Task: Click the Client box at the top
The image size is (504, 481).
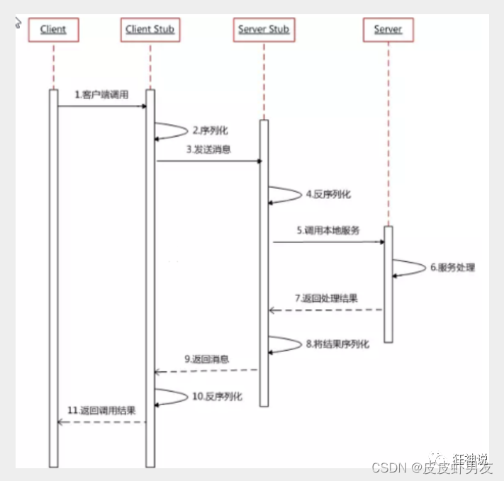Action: pyautogui.click(x=53, y=30)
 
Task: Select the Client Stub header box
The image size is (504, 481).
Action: pyautogui.click(x=150, y=30)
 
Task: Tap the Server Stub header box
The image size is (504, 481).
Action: pyautogui.click(x=263, y=30)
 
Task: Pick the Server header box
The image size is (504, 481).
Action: pyautogui.click(x=388, y=30)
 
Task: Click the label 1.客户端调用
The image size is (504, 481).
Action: pyautogui.click(x=102, y=94)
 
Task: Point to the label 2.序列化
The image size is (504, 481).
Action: pyautogui.click(x=210, y=130)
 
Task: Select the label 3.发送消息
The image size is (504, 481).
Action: pyautogui.click(x=208, y=149)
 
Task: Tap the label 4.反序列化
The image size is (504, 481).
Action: pyautogui.click(x=328, y=193)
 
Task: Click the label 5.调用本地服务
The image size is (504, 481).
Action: pyautogui.click(x=328, y=231)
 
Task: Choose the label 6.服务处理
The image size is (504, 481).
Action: pyautogui.click(x=452, y=268)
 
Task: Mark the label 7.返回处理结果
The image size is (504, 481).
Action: pyautogui.click(x=327, y=298)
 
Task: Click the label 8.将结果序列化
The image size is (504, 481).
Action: pyautogui.click(x=337, y=344)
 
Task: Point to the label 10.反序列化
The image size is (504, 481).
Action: pyautogui.click(x=217, y=397)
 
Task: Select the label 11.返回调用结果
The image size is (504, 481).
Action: pyautogui.click(x=101, y=409)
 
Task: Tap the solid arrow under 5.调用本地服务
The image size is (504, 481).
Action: pyautogui.click(x=328, y=242)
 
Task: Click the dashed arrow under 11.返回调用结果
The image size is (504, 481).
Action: pyautogui.click(x=101, y=422)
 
